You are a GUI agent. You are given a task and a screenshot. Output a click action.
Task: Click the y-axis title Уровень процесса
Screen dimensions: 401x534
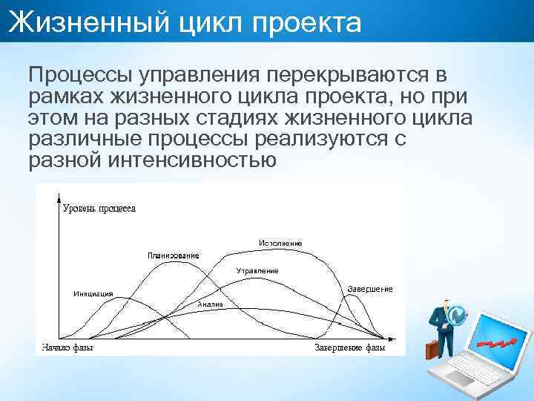(99, 209)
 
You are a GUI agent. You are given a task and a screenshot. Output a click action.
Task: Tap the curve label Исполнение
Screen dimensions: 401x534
(280, 244)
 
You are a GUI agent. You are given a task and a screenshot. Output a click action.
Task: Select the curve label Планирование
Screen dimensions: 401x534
(173, 255)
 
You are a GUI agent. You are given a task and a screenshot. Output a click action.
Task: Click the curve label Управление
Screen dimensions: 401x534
(257, 271)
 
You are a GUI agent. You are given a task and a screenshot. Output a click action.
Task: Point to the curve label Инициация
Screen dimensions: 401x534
(93, 294)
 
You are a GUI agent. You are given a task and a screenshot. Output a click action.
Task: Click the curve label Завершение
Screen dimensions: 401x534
(370, 288)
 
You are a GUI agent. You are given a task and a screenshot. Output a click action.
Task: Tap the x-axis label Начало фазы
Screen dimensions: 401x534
(67, 348)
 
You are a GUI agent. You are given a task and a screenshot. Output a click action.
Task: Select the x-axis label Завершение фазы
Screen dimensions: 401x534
(350, 348)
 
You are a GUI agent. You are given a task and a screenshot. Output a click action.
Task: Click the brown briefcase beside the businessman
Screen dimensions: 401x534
(432, 350)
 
